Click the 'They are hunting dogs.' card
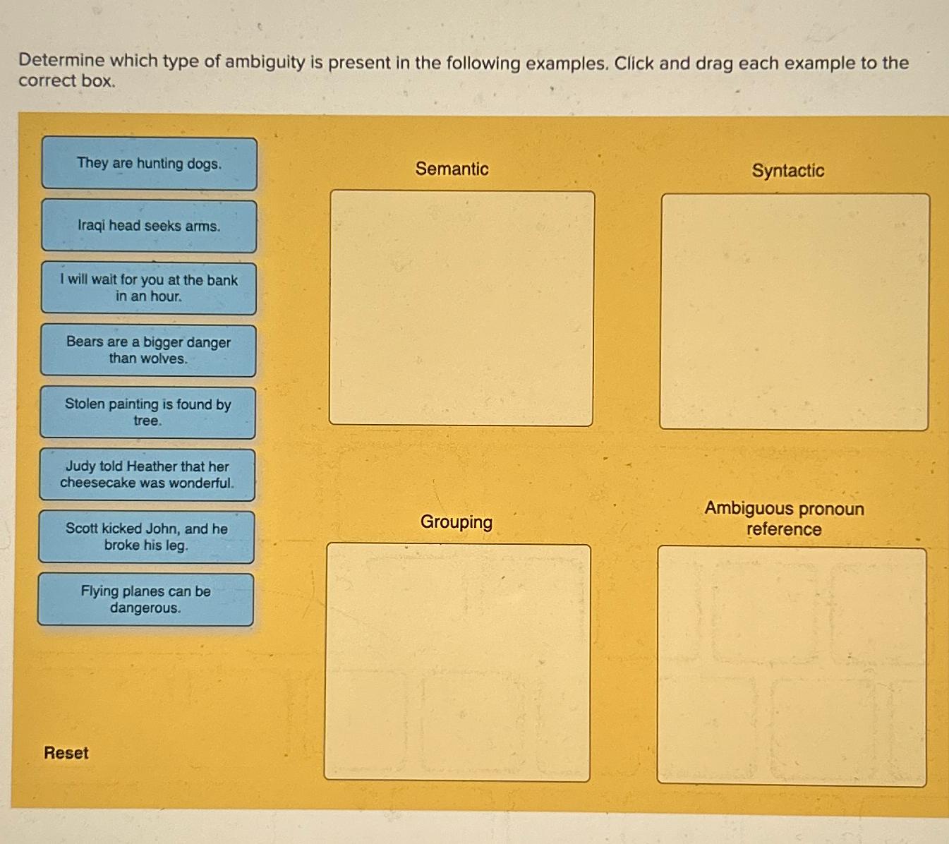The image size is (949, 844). point(149,164)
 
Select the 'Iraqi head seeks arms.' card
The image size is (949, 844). point(149,226)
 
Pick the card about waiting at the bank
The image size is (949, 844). point(148,288)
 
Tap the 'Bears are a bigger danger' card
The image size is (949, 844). point(148,350)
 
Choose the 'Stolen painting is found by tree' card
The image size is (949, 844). point(147,412)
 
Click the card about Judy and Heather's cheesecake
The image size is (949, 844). point(147,474)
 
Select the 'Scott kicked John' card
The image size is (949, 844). point(146,536)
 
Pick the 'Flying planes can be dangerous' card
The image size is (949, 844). point(145,599)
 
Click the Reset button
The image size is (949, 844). point(66,753)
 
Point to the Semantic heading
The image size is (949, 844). point(452,169)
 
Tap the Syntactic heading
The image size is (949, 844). point(787,171)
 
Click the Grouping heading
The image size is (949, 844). point(456,522)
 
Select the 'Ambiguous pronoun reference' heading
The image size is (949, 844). point(784,519)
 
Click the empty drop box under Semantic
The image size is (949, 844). point(461,308)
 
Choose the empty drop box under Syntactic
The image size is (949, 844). point(794,311)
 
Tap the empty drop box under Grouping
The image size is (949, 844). point(457,662)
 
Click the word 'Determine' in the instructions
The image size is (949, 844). point(61,61)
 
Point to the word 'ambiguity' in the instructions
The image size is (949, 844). point(265,62)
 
